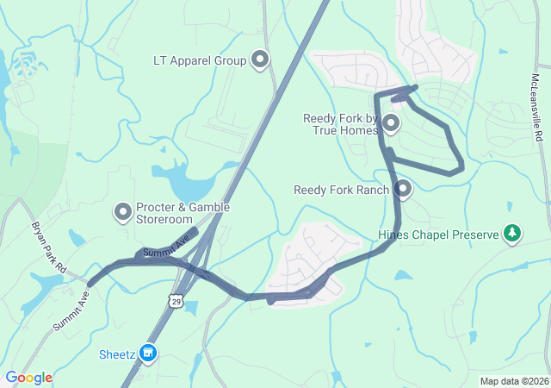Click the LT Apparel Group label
pyautogui.click(x=200, y=60)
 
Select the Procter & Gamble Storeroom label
pyautogui.click(x=164, y=213)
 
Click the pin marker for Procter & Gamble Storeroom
pyautogui.click(x=123, y=210)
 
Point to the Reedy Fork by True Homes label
pyautogui.click(x=341, y=124)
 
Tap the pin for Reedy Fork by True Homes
pyautogui.click(x=391, y=123)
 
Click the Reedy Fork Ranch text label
pyautogui.click(x=342, y=190)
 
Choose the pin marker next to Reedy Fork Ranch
pyautogui.click(x=403, y=188)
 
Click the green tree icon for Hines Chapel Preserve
pyautogui.click(x=512, y=233)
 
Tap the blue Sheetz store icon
pyautogui.click(x=148, y=353)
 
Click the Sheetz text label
pyautogui.click(x=116, y=354)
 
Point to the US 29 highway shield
pyautogui.click(x=175, y=299)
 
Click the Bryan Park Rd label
pyautogui.click(x=50, y=248)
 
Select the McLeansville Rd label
pyautogui.click(x=536, y=108)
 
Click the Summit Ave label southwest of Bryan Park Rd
pyautogui.click(x=71, y=311)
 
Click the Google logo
pyautogui.click(x=28, y=378)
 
